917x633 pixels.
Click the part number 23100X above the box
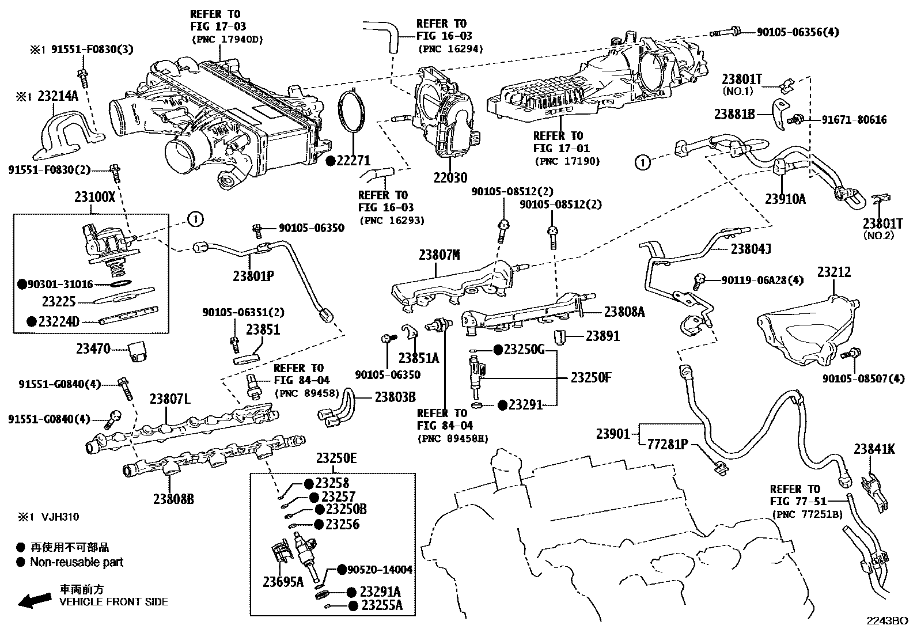click(95, 197)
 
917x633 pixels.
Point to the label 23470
click(93, 348)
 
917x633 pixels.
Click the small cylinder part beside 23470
click(138, 351)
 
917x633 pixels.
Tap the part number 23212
click(833, 272)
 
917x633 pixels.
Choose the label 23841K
click(874, 449)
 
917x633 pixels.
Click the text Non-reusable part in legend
click(77, 562)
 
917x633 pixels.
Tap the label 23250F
click(590, 378)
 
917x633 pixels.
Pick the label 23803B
click(395, 397)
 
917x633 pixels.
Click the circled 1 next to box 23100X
click(195, 219)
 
